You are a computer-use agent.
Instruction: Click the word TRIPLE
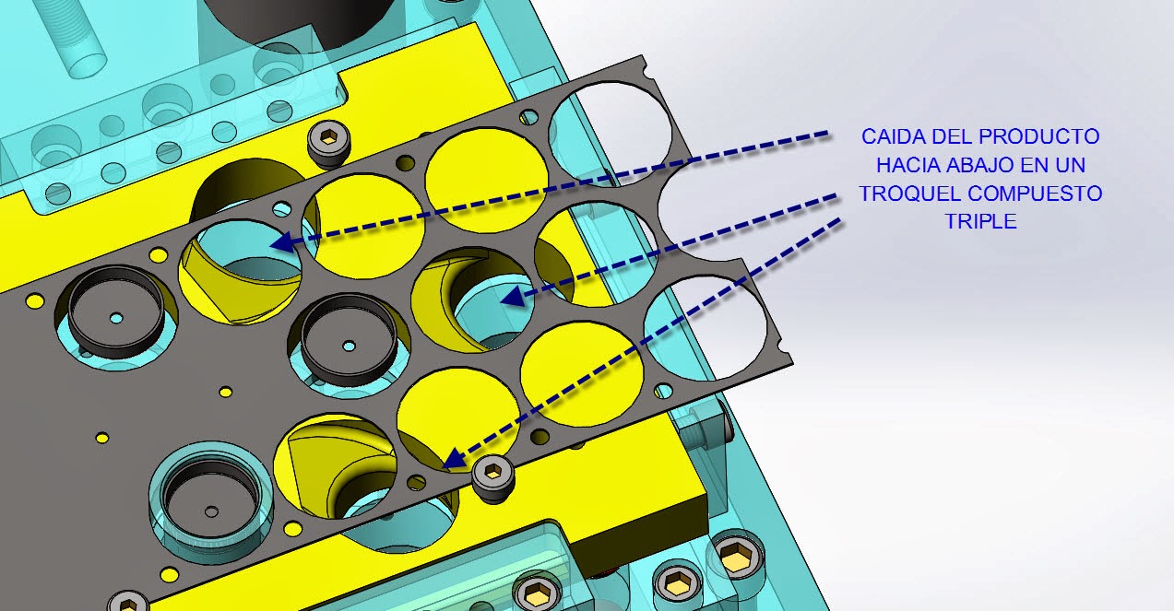pyautogui.click(x=980, y=222)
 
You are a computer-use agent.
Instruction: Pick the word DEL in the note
pyautogui.click(x=945, y=137)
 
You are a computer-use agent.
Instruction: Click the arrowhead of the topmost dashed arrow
pyautogui.click(x=280, y=243)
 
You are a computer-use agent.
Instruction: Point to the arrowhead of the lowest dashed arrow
pyautogui.click(x=446, y=461)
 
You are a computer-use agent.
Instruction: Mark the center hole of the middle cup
pyautogui.click(x=349, y=346)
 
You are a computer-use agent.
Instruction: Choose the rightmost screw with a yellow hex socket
pyautogui.click(x=735, y=556)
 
